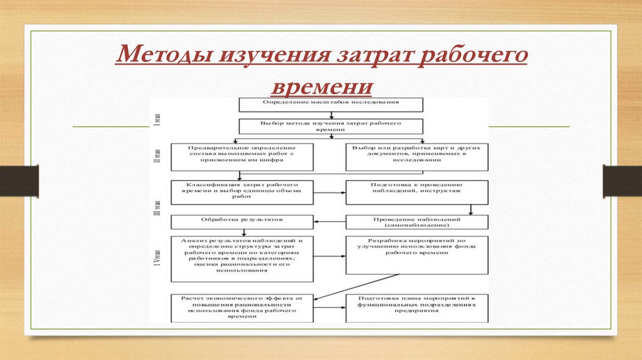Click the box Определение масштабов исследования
330,103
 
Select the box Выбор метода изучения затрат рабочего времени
330,126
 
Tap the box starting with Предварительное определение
241,156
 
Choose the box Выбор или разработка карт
417,156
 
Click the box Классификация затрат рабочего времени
241,192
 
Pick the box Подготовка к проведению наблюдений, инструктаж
417,192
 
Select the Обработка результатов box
241,221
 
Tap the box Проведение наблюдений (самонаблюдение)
417,222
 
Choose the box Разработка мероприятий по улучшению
417,254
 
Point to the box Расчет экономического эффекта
241,307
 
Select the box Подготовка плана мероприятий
417,307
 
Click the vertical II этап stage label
158,156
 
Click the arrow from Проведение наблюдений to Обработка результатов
329,222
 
